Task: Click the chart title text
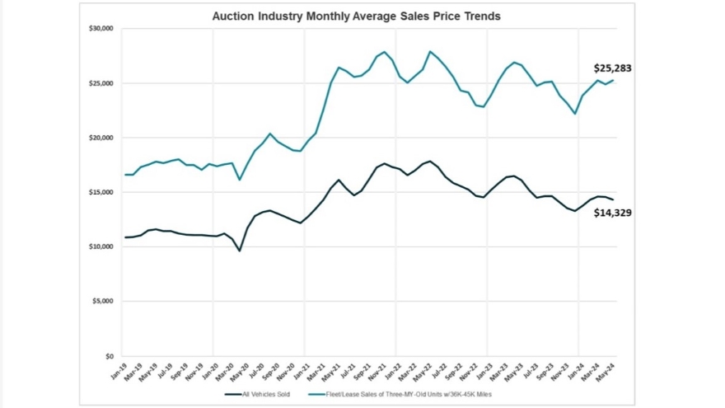(x=356, y=16)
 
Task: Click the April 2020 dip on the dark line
(x=240, y=251)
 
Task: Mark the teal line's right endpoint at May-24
(x=613, y=80)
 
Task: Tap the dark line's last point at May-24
(x=613, y=200)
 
